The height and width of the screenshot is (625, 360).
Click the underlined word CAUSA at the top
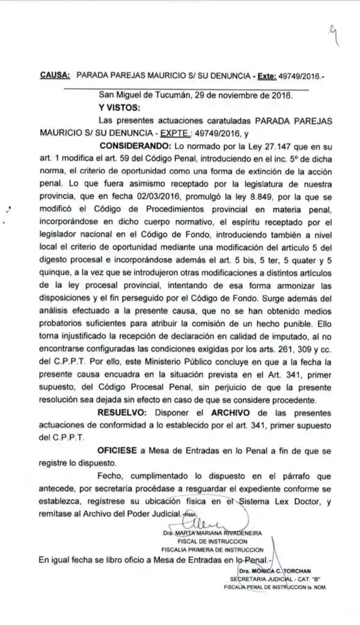(x=55, y=76)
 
